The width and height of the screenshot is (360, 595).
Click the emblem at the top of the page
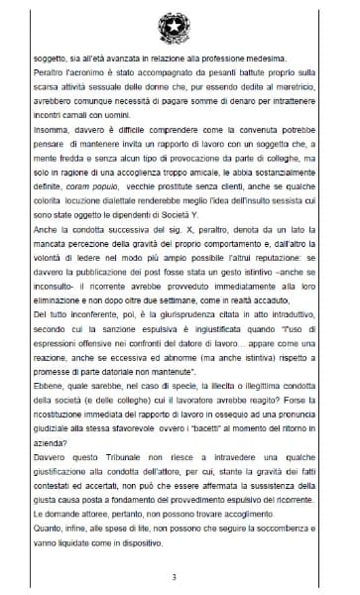tap(180, 23)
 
